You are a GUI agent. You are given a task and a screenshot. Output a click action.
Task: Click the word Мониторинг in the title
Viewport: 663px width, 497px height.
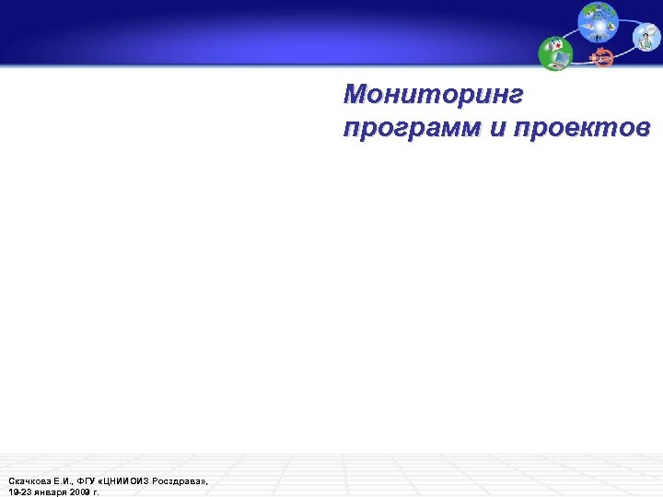click(433, 94)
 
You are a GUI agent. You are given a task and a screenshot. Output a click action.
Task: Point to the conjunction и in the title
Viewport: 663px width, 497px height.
click(498, 128)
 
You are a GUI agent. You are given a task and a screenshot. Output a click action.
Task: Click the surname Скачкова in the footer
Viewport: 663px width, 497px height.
click(29, 481)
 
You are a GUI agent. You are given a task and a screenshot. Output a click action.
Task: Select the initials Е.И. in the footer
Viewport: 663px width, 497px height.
click(64, 481)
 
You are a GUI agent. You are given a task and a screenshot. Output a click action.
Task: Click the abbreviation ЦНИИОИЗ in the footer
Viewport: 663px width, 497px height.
click(127, 481)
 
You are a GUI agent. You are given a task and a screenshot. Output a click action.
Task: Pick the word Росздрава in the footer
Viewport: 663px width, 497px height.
click(180, 481)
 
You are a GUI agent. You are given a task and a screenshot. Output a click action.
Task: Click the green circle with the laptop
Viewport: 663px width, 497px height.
click(556, 53)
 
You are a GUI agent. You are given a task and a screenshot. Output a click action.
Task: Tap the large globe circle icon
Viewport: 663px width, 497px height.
click(599, 22)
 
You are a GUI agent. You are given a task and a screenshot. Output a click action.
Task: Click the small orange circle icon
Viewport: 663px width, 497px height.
click(602, 57)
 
